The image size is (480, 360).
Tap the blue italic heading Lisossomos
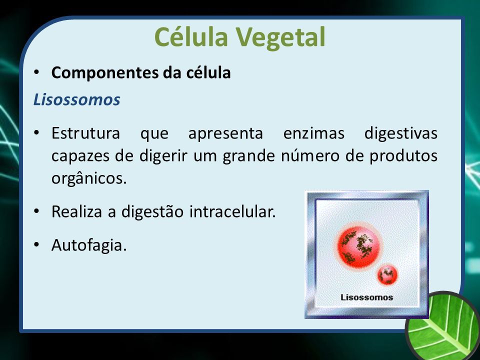tap(76, 100)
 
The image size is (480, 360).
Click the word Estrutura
tap(85, 133)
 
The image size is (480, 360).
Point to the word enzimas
tap(314, 133)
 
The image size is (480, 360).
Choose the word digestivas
tap(400, 134)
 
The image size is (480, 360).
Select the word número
tap(310, 155)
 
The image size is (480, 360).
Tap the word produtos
tap(403, 156)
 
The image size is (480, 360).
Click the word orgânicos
tap(89, 178)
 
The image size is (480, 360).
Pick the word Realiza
tap(76, 211)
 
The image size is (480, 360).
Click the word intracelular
tap(232, 211)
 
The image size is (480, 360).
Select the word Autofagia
tap(89, 245)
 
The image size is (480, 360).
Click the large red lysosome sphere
tap(359, 246)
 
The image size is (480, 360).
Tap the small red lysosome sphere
tap(387, 274)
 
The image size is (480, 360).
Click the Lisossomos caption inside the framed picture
tap(366, 297)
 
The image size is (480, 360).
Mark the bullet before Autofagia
tap(36, 245)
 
